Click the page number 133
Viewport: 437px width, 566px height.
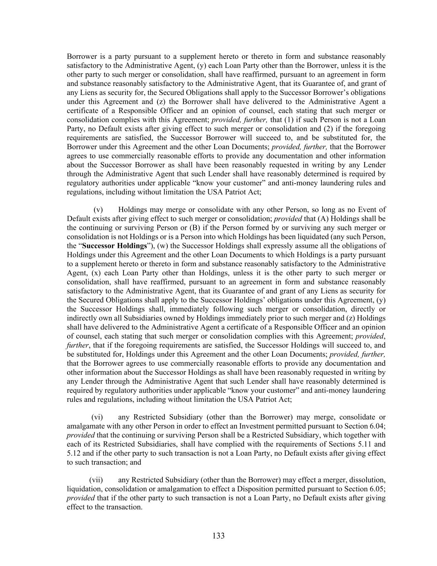coord(218,536)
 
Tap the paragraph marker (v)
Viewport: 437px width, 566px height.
coord(98,209)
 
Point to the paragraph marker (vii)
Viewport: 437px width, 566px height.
coord(96,480)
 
